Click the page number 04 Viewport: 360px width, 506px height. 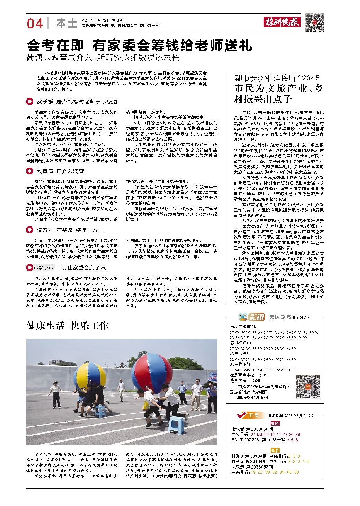pos(35,24)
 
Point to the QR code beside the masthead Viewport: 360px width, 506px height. pos(315,23)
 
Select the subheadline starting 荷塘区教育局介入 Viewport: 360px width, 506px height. pos(103,58)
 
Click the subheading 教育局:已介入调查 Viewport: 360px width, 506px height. pos(60,171)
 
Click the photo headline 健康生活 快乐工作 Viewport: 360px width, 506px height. pos(68,326)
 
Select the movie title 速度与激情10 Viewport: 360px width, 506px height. pos(243,326)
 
